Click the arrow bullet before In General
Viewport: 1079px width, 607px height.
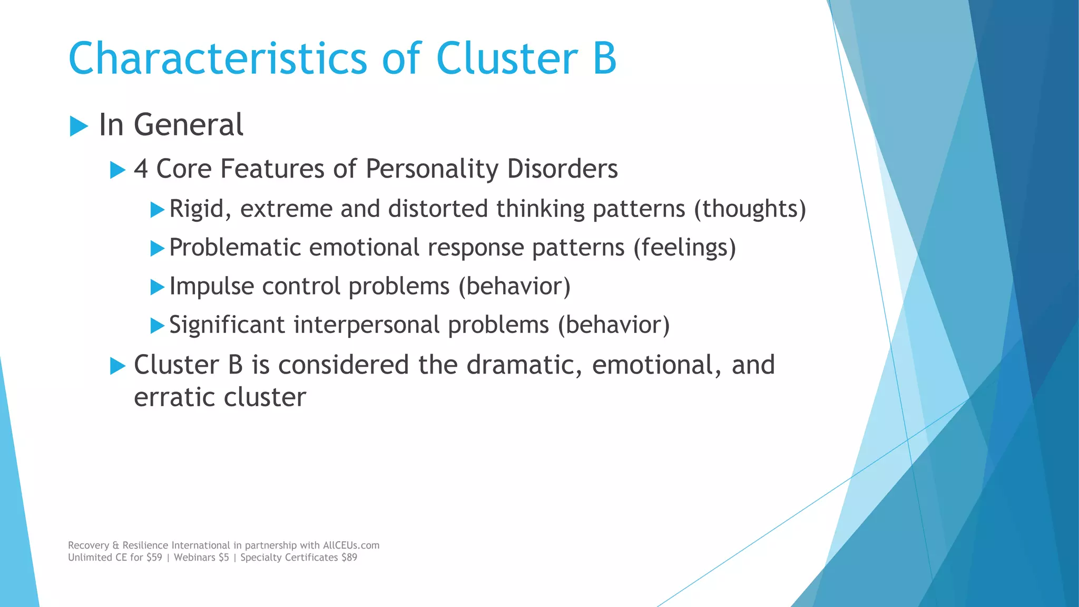pyautogui.click(x=79, y=126)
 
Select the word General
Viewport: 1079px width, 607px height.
pyautogui.click(x=188, y=125)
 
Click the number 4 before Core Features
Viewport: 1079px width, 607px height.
pyautogui.click(x=141, y=169)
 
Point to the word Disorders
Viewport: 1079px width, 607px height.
pyautogui.click(x=562, y=169)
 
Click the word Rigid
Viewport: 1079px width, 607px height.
pyautogui.click(x=200, y=209)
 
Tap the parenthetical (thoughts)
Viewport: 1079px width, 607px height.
pyautogui.click(x=750, y=209)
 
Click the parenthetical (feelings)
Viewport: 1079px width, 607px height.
pyautogui.click(x=684, y=248)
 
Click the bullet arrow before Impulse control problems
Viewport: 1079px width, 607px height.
pyautogui.click(x=157, y=287)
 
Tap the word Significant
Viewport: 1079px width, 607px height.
pyautogui.click(x=227, y=325)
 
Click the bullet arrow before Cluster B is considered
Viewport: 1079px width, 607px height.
pyautogui.click(x=117, y=366)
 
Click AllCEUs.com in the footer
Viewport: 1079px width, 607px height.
pyautogui.click(x=351, y=545)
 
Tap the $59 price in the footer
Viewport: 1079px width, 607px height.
pyautogui.click(x=154, y=557)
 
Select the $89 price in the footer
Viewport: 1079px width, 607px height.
pyautogui.click(x=349, y=557)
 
